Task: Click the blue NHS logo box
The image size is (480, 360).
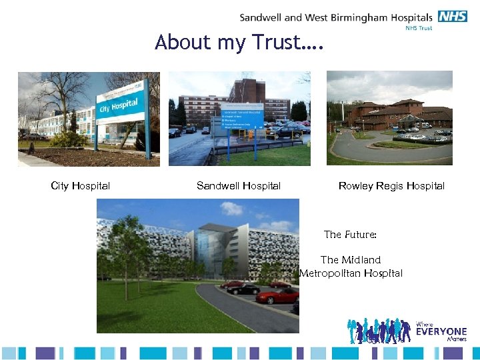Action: pos(453,17)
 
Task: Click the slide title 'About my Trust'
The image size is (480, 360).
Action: pos(239,43)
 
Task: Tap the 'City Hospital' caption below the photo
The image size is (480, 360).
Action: pos(81,186)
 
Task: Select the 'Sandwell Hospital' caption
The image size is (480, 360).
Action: pos(239,186)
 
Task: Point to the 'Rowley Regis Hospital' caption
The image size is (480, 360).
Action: pos(391,186)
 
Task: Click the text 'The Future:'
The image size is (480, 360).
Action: pos(350,235)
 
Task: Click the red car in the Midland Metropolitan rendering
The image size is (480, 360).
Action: pos(277,295)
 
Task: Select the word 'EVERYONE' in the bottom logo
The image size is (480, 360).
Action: pos(441,331)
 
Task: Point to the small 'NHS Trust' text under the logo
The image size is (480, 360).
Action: pos(419,28)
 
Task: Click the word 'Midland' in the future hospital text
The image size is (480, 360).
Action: pos(361,260)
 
